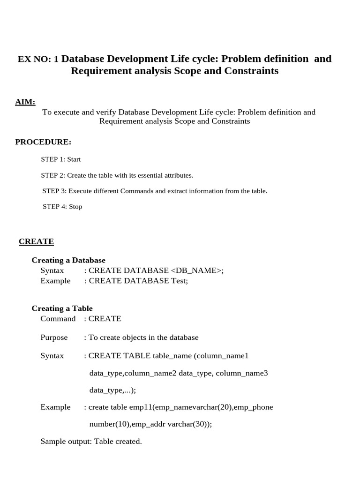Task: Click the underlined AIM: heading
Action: pyautogui.click(x=25, y=102)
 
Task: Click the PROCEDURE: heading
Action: pyautogui.click(x=43, y=142)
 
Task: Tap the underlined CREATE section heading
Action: pyautogui.click(x=36, y=241)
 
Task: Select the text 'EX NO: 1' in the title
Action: pyautogui.click(x=38, y=59)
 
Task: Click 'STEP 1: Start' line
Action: pyautogui.click(x=61, y=159)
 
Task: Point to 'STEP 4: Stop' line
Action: pyautogui.click(x=62, y=207)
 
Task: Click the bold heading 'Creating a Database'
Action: pyautogui.click(x=68, y=260)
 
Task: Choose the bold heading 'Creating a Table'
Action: pyautogui.click(x=62, y=308)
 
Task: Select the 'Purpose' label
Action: pyautogui.click(x=54, y=337)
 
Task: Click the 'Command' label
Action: pyautogui.click(x=58, y=319)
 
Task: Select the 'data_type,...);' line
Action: pyautogui.click(x=112, y=390)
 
